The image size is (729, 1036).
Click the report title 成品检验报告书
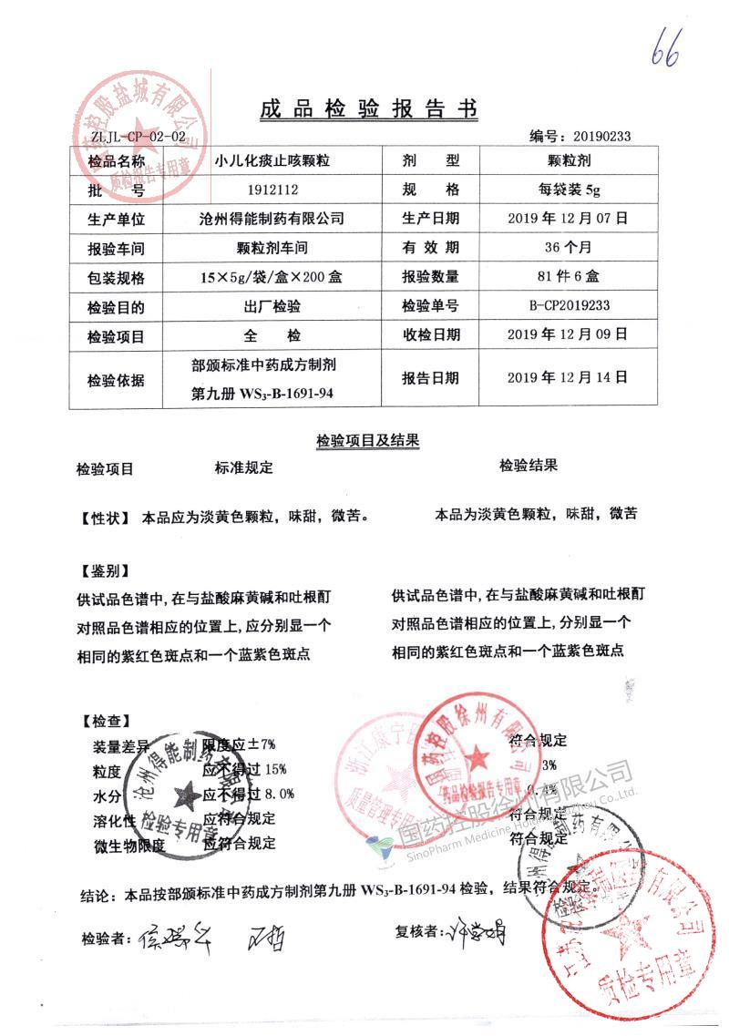(367, 109)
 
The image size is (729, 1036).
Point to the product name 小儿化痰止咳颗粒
(272, 161)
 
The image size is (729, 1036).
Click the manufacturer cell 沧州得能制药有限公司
(271, 219)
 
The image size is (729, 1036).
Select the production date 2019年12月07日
(567, 219)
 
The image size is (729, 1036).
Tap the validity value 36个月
(567, 248)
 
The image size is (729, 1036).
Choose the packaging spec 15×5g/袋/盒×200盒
(272, 277)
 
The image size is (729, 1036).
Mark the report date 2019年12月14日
(567, 377)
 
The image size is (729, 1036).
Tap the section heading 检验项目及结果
(367, 441)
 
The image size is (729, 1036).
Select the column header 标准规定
(243, 467)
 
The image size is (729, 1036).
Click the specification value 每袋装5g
(567, 190)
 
